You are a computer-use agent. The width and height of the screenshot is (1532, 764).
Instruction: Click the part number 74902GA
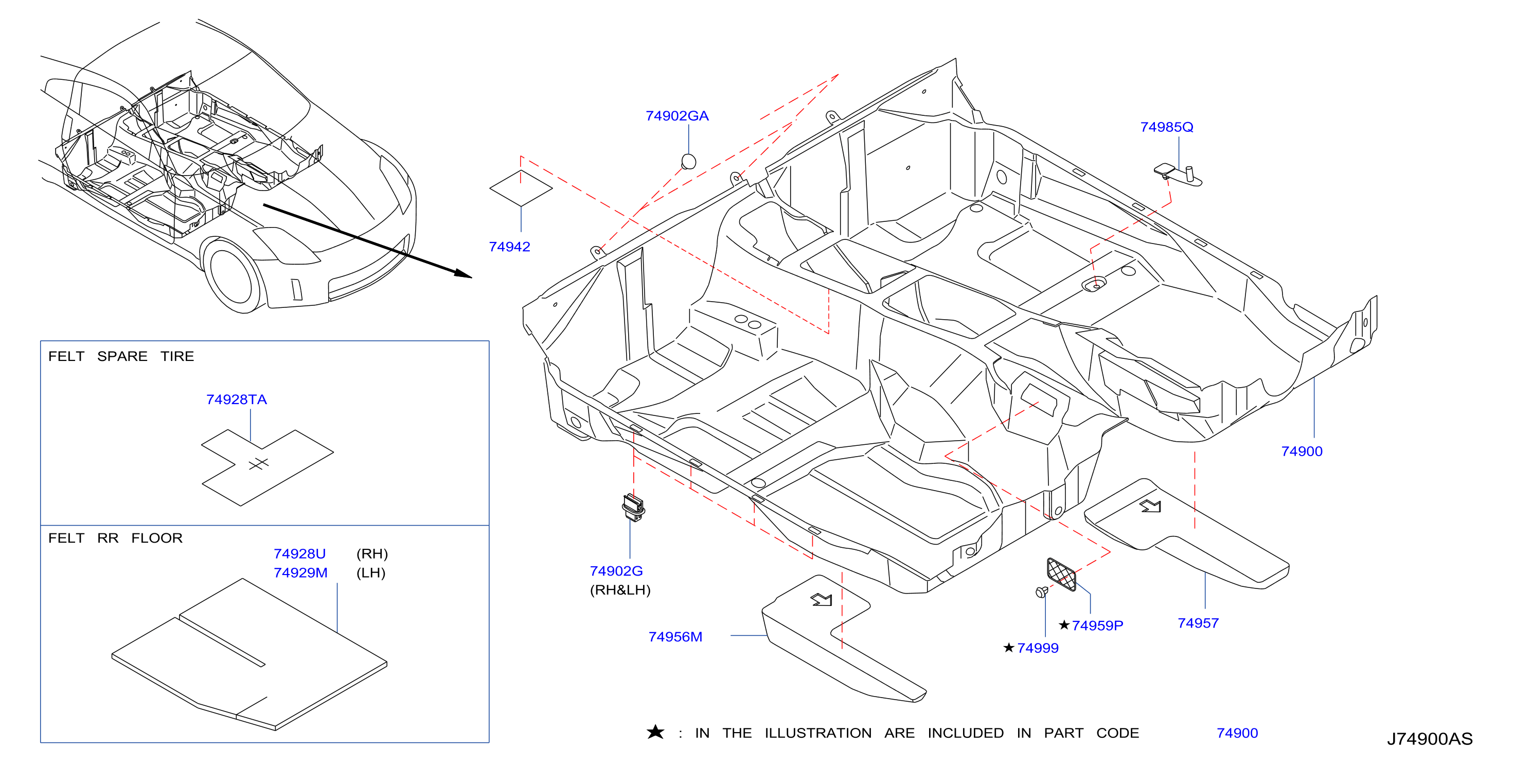[x=677, y=116]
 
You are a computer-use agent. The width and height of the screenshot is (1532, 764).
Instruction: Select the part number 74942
[x=509, y=247]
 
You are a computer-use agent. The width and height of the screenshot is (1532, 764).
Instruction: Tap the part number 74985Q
[x=1166, y=127]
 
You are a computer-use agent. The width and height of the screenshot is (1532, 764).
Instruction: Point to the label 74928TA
[x=236, y=400]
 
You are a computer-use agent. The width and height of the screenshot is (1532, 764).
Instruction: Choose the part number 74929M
[x=300, y=573]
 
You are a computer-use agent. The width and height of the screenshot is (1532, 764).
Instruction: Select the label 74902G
[x=616, y=571]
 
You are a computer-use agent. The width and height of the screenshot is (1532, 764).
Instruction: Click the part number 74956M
[x=675, y=637]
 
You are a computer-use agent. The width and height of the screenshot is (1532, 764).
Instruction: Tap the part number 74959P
[x=1097, y=626]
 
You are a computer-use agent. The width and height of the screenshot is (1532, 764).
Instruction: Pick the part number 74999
[x=1038, y=649]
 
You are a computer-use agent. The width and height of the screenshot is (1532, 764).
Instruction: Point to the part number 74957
[x=1198, y=623]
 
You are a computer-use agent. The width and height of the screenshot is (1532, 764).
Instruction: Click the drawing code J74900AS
[x=1430, y=739]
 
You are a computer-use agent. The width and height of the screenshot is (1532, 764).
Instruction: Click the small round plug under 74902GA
[x=688, y=161]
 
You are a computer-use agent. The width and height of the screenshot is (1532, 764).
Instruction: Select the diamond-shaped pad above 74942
[x=521, y=188]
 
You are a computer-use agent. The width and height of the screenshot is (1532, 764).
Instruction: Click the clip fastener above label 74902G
[x=633, y=508]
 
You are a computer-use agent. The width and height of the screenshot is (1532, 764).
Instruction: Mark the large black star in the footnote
[x=655, y=732]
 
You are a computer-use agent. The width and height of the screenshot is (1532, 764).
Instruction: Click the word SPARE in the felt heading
[x=122, y=356]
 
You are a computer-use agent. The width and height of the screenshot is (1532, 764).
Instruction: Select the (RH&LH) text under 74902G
[x=620, y=591]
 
